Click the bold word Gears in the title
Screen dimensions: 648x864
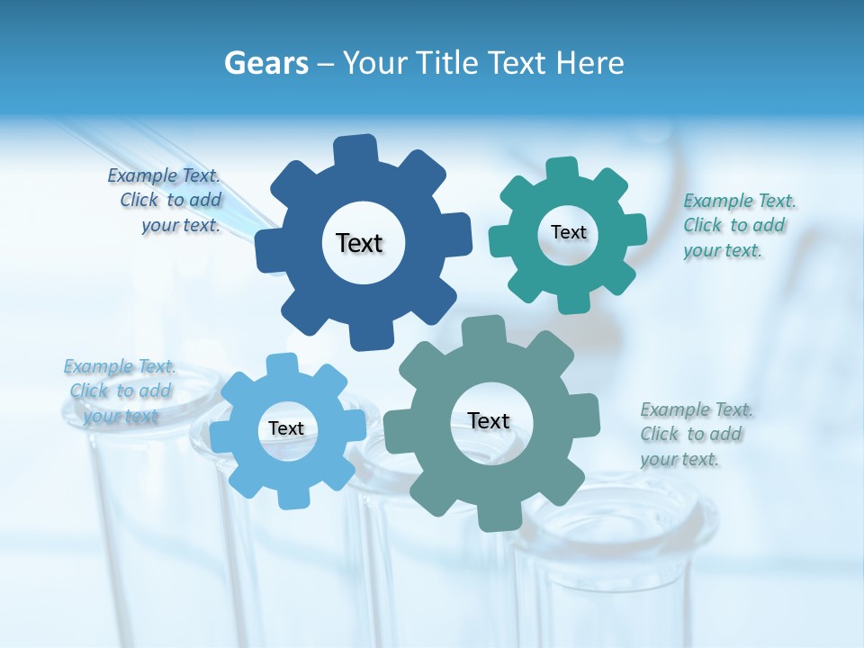coord(265,63)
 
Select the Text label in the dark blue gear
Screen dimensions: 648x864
coord(359,243)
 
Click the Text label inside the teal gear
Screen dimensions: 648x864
coord(568,232)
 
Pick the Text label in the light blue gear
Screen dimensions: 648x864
coord(286,428)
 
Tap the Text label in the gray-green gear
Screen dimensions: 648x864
coord(489,420)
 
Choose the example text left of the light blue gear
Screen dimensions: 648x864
coord(121,391)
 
